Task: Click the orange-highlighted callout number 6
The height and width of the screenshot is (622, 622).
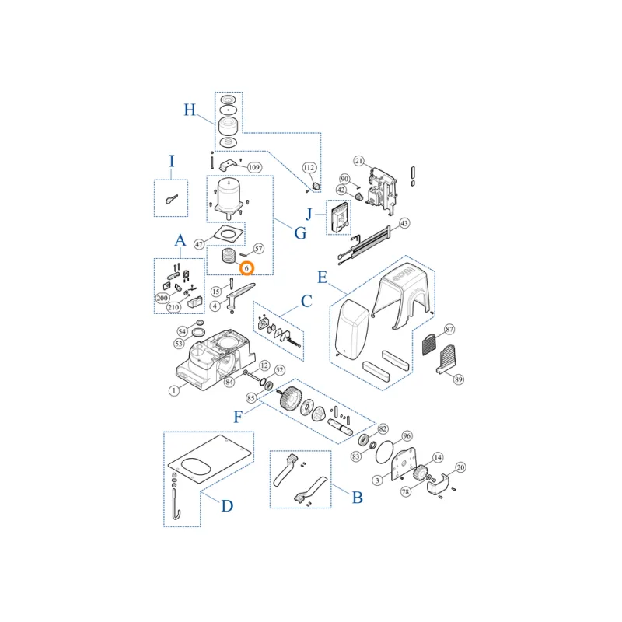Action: tap(246, 268)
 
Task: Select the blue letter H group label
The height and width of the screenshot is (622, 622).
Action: tap(190, 110)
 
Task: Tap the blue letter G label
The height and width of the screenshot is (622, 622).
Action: tap(300, 232)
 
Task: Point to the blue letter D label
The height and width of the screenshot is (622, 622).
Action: tap(227, 506)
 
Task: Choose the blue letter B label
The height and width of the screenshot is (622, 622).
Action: tap(358, 498)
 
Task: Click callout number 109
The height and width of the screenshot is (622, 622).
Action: tap(254, 167)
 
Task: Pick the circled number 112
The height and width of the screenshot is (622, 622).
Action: tap(309, 168)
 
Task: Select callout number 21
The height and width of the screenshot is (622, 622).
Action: tap(359, 161)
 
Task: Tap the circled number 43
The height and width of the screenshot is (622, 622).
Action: tap(404, 223)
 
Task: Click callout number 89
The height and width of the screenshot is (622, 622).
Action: tap(459, 379)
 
